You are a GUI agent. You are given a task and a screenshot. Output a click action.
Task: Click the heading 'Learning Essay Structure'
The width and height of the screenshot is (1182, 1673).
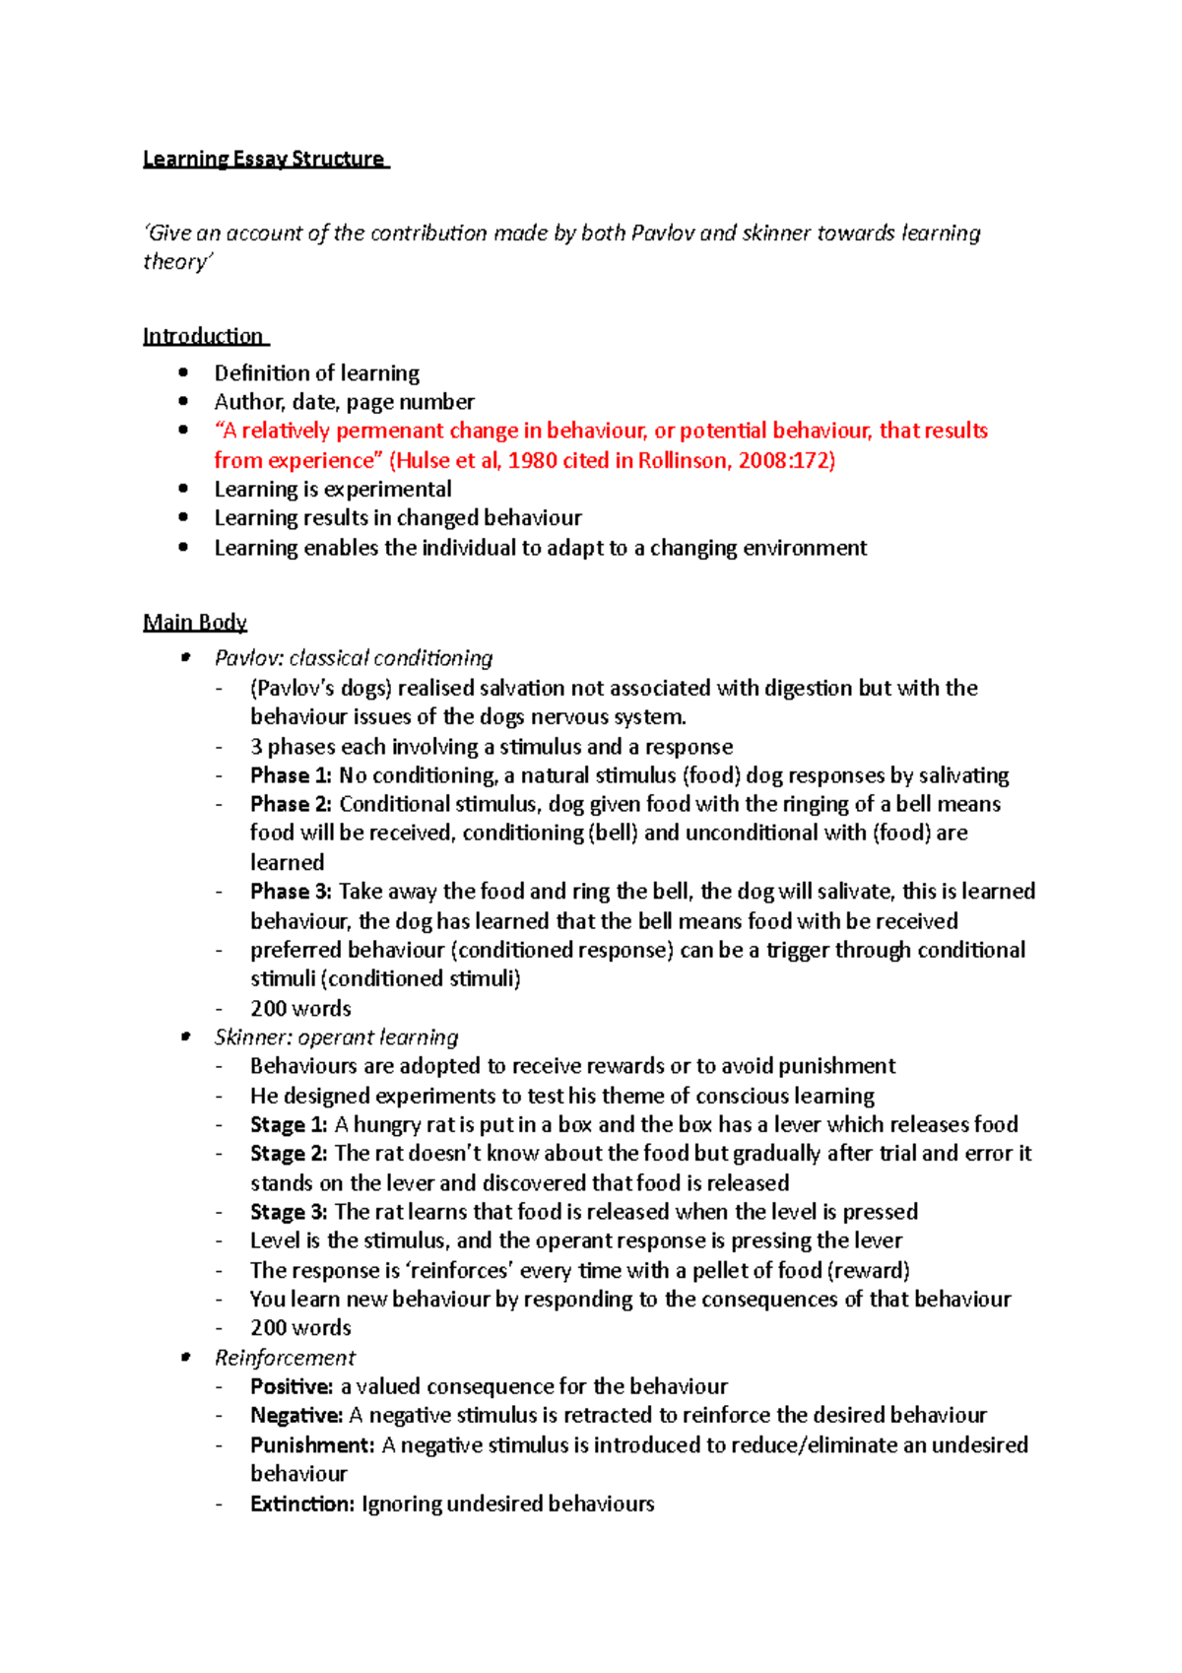(264, 159)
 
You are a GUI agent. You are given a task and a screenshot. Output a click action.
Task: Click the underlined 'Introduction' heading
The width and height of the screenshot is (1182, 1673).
(203, 336)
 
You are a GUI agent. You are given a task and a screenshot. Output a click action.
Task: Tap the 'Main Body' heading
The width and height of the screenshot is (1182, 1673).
(195, 622)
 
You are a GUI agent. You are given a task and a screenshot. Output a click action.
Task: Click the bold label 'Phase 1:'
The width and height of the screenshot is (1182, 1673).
(291, 775)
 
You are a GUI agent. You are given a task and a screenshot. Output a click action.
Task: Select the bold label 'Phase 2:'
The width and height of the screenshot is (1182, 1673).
(291, 804)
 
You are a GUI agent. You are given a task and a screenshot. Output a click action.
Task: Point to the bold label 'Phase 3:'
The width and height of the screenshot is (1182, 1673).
(291, 892)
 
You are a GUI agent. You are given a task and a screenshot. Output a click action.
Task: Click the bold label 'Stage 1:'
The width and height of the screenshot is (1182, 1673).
(288, 1124)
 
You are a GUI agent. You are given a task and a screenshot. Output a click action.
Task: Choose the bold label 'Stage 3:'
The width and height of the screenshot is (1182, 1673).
(288, 1212)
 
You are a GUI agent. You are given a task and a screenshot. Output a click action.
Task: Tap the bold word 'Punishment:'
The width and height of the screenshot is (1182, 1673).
(312, 1444)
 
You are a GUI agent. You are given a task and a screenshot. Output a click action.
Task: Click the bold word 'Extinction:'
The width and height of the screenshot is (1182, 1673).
(301, 1504)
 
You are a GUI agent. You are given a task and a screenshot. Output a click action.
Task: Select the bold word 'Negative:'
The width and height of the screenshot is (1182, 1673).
(296, 1416)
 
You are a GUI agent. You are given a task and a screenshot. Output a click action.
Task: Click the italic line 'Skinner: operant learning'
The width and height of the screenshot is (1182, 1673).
(336, 1037)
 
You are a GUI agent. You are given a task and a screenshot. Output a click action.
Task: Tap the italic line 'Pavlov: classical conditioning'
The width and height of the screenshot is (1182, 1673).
(354, 658)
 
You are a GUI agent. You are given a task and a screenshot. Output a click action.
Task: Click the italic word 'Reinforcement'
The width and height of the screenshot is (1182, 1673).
(285, 1358)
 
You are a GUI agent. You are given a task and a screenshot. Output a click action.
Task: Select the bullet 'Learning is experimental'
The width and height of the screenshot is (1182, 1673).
(333, 490)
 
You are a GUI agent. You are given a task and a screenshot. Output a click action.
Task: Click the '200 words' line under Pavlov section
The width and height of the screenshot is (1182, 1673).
(300, 1008)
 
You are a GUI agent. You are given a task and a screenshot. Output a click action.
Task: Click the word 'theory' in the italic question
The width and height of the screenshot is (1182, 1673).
(175, 262)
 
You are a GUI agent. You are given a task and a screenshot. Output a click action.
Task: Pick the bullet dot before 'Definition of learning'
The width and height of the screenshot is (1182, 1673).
(183, 372)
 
